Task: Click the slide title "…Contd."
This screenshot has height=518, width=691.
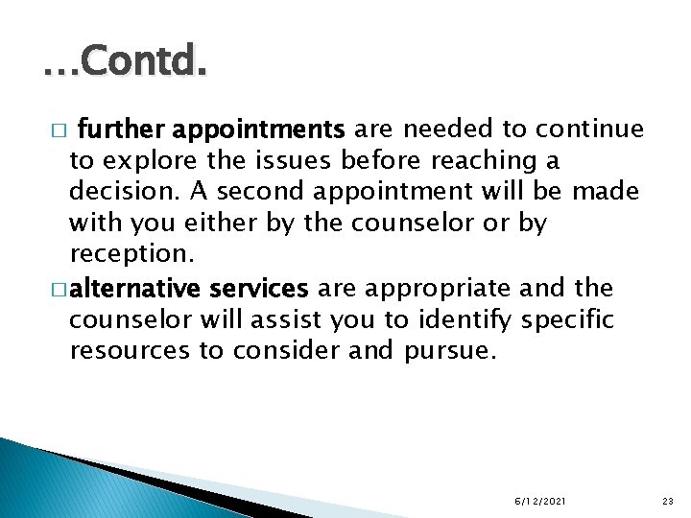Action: coord(124,64)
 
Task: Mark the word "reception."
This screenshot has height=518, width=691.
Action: coord(131,255)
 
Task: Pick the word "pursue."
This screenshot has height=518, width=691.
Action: coord(451,351)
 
